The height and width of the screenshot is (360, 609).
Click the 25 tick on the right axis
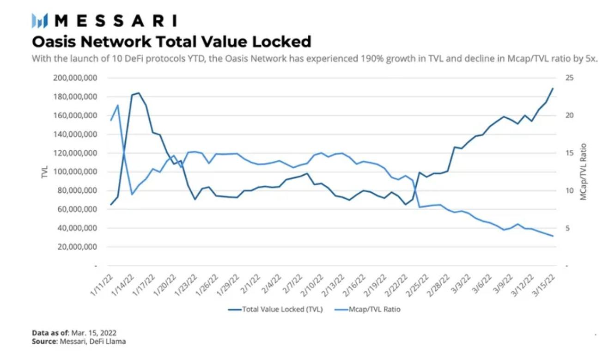569,78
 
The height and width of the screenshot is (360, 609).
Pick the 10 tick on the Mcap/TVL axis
569,190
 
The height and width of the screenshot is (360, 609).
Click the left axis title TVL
45,172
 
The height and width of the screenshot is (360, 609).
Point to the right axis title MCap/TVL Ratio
584,172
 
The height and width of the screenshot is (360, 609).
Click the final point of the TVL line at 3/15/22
553,88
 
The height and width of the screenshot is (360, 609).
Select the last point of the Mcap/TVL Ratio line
553,236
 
